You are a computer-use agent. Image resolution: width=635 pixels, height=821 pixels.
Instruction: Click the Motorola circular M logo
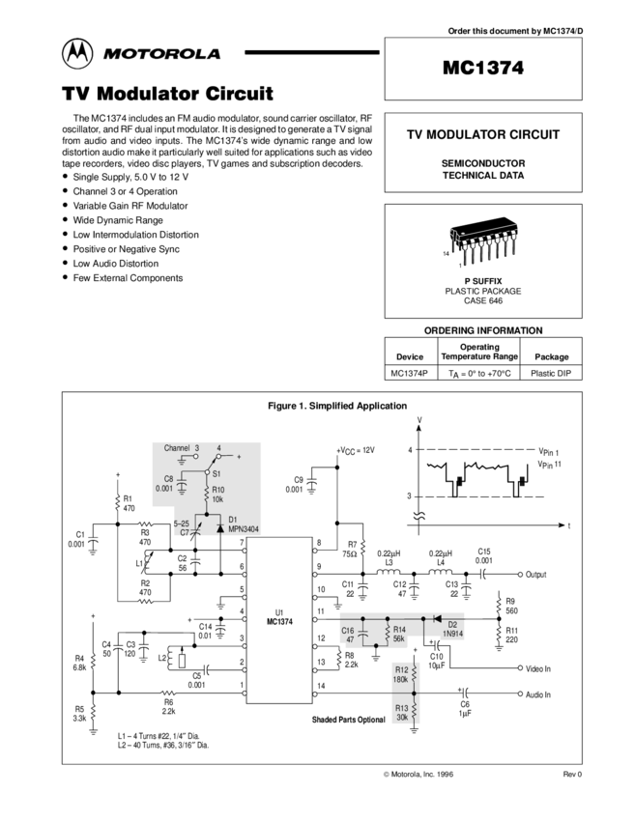(78, 55)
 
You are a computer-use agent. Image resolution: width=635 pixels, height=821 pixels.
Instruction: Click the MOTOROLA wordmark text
(162, 55)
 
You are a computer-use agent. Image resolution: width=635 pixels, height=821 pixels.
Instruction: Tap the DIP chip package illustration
(483, 241)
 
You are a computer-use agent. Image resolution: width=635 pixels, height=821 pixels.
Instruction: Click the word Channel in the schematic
(177, 448)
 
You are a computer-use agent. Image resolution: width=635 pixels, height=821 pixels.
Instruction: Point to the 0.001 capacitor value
(164, 489)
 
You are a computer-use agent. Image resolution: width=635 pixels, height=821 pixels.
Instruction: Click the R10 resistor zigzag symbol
(206, 494)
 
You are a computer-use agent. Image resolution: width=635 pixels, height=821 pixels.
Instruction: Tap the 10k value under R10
(218, 499)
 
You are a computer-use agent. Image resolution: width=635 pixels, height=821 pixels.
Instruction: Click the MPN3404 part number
(244, 529)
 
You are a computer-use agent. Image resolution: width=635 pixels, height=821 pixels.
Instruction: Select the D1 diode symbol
(220, 529)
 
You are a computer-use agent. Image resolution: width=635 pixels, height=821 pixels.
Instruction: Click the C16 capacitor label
(348, 630)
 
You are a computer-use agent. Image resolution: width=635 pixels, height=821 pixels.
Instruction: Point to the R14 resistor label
(399, 630)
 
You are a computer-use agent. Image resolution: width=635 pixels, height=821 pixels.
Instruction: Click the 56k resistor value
(399, 639)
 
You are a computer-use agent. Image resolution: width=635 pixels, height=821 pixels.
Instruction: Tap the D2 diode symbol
(435, 618)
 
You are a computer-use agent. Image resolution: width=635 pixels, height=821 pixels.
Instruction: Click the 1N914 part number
(453, 634)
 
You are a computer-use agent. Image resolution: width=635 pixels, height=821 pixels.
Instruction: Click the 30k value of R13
(402, 717)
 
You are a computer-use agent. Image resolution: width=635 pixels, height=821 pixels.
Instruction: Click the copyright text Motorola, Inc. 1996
(418, 774)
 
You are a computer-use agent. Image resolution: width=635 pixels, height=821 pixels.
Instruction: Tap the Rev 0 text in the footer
(573, 774)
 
